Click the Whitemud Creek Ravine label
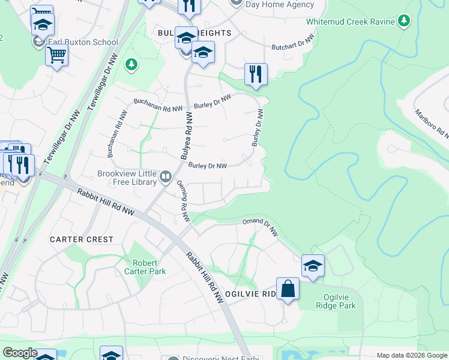[351, 22]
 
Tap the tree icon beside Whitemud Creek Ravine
[405, 22]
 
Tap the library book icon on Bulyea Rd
[166, 178]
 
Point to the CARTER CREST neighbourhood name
[82, 239]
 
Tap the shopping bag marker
[288, 289]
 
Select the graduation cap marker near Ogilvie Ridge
[313, 266]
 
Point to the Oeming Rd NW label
[182, 201]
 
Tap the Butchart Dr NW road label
[293, 41]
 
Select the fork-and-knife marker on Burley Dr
[256, 74]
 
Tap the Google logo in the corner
[19, 353]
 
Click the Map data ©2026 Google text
[411, 356]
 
